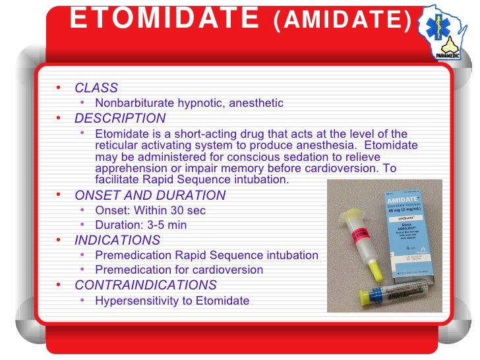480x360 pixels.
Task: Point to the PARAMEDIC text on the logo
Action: click(x=448, y=56)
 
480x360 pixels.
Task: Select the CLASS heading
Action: click(x=96, y=88)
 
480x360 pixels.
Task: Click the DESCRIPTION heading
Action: click(x=120, y=119)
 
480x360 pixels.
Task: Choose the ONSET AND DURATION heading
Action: click(x=150, y=195)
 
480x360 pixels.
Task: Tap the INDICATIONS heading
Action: click(x=117, y=240)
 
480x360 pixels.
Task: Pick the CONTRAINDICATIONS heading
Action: click(x=145, y=285)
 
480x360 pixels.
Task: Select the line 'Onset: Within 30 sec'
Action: click(x=150, y=210)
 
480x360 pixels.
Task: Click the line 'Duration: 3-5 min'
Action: click(x=140, y=225)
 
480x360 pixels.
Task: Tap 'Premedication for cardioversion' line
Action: click(x=179, y=270)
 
